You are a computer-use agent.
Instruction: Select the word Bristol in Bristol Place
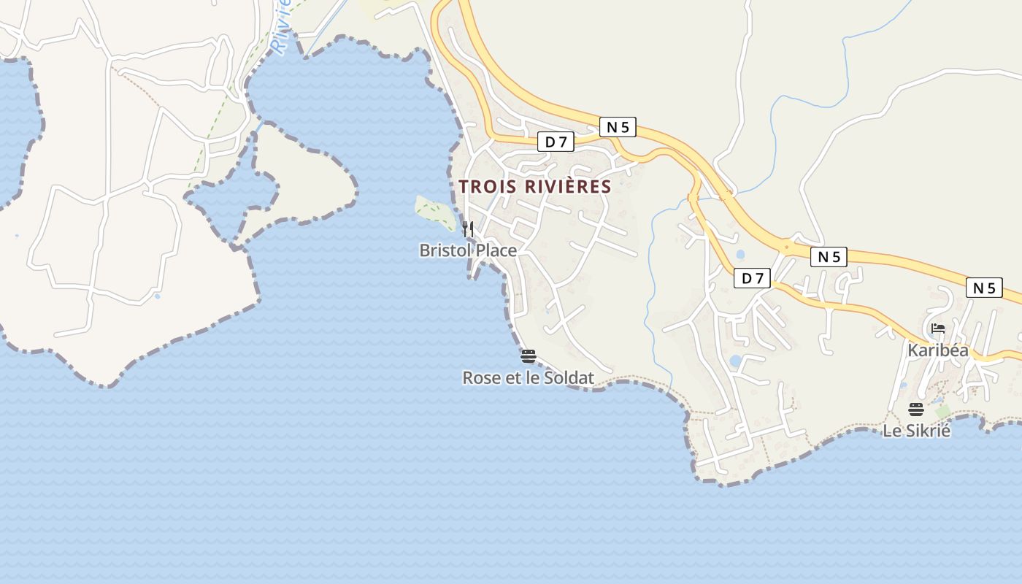tap(445, 250)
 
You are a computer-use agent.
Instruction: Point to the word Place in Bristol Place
tap(496, 250)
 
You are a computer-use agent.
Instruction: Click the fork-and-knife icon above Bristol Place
tap(468, 228)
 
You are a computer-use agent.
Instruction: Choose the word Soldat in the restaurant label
tap(569, 378)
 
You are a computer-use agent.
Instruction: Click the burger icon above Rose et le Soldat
tap(529, 356)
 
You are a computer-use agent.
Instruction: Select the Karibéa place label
tap(938, 350)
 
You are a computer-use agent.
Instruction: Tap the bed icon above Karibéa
tap(938, 328)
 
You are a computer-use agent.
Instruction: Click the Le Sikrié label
tap(917, 431)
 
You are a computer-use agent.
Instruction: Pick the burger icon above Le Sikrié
tap(916, 409)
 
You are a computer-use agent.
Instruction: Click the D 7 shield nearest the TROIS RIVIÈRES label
tap(556, 142)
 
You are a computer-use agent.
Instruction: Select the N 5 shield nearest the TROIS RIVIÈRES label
tap(618, 127)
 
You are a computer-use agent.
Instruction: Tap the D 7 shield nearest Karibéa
tap(753, 277)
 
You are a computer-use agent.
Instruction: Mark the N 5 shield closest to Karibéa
tap(984, 288)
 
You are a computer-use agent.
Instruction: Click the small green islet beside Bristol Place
tap(434, 212)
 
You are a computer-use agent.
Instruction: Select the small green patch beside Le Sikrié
tap(943, 412)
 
